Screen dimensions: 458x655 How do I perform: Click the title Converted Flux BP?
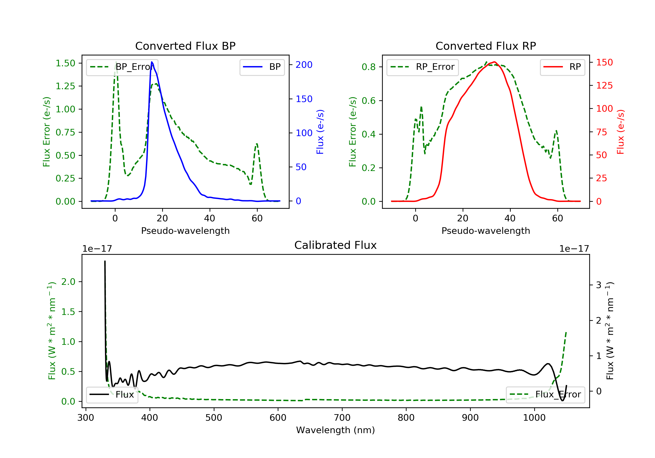click(185, 46)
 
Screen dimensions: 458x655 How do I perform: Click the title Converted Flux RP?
click(486, 46)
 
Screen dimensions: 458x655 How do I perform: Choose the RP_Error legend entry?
click(422, 67)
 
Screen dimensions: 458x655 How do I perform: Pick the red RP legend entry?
click(562, 67)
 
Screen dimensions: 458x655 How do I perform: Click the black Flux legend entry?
click(112, 395)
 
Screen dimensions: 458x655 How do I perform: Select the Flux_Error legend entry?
click(545, 395)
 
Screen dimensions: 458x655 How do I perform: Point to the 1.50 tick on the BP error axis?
click(65, 63)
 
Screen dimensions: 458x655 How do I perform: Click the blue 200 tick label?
click(304, 65)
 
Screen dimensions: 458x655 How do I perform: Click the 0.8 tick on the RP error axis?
click(368, 67)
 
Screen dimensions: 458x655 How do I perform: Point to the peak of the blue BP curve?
click(152, 62)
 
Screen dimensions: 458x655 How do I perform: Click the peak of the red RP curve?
click(494, 62)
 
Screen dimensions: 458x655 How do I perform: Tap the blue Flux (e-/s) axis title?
click(320, 132)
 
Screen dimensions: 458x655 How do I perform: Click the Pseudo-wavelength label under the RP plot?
click(486, 231)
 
